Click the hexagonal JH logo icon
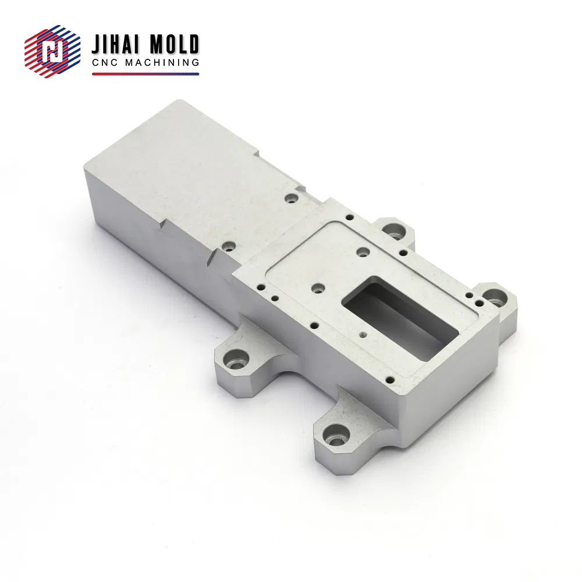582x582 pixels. (x=52, y=51)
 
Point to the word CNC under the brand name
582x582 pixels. (x=105, y=62)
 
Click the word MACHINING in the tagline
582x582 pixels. (x=162, y=62)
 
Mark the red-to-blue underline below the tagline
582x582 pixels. (x=145, y=74)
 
